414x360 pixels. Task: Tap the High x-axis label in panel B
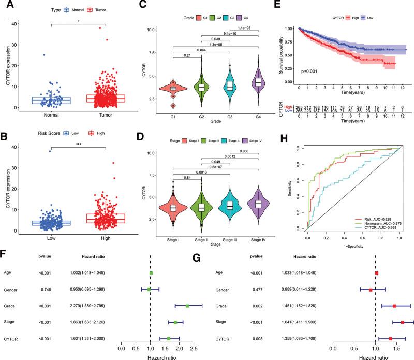[106, 240]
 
